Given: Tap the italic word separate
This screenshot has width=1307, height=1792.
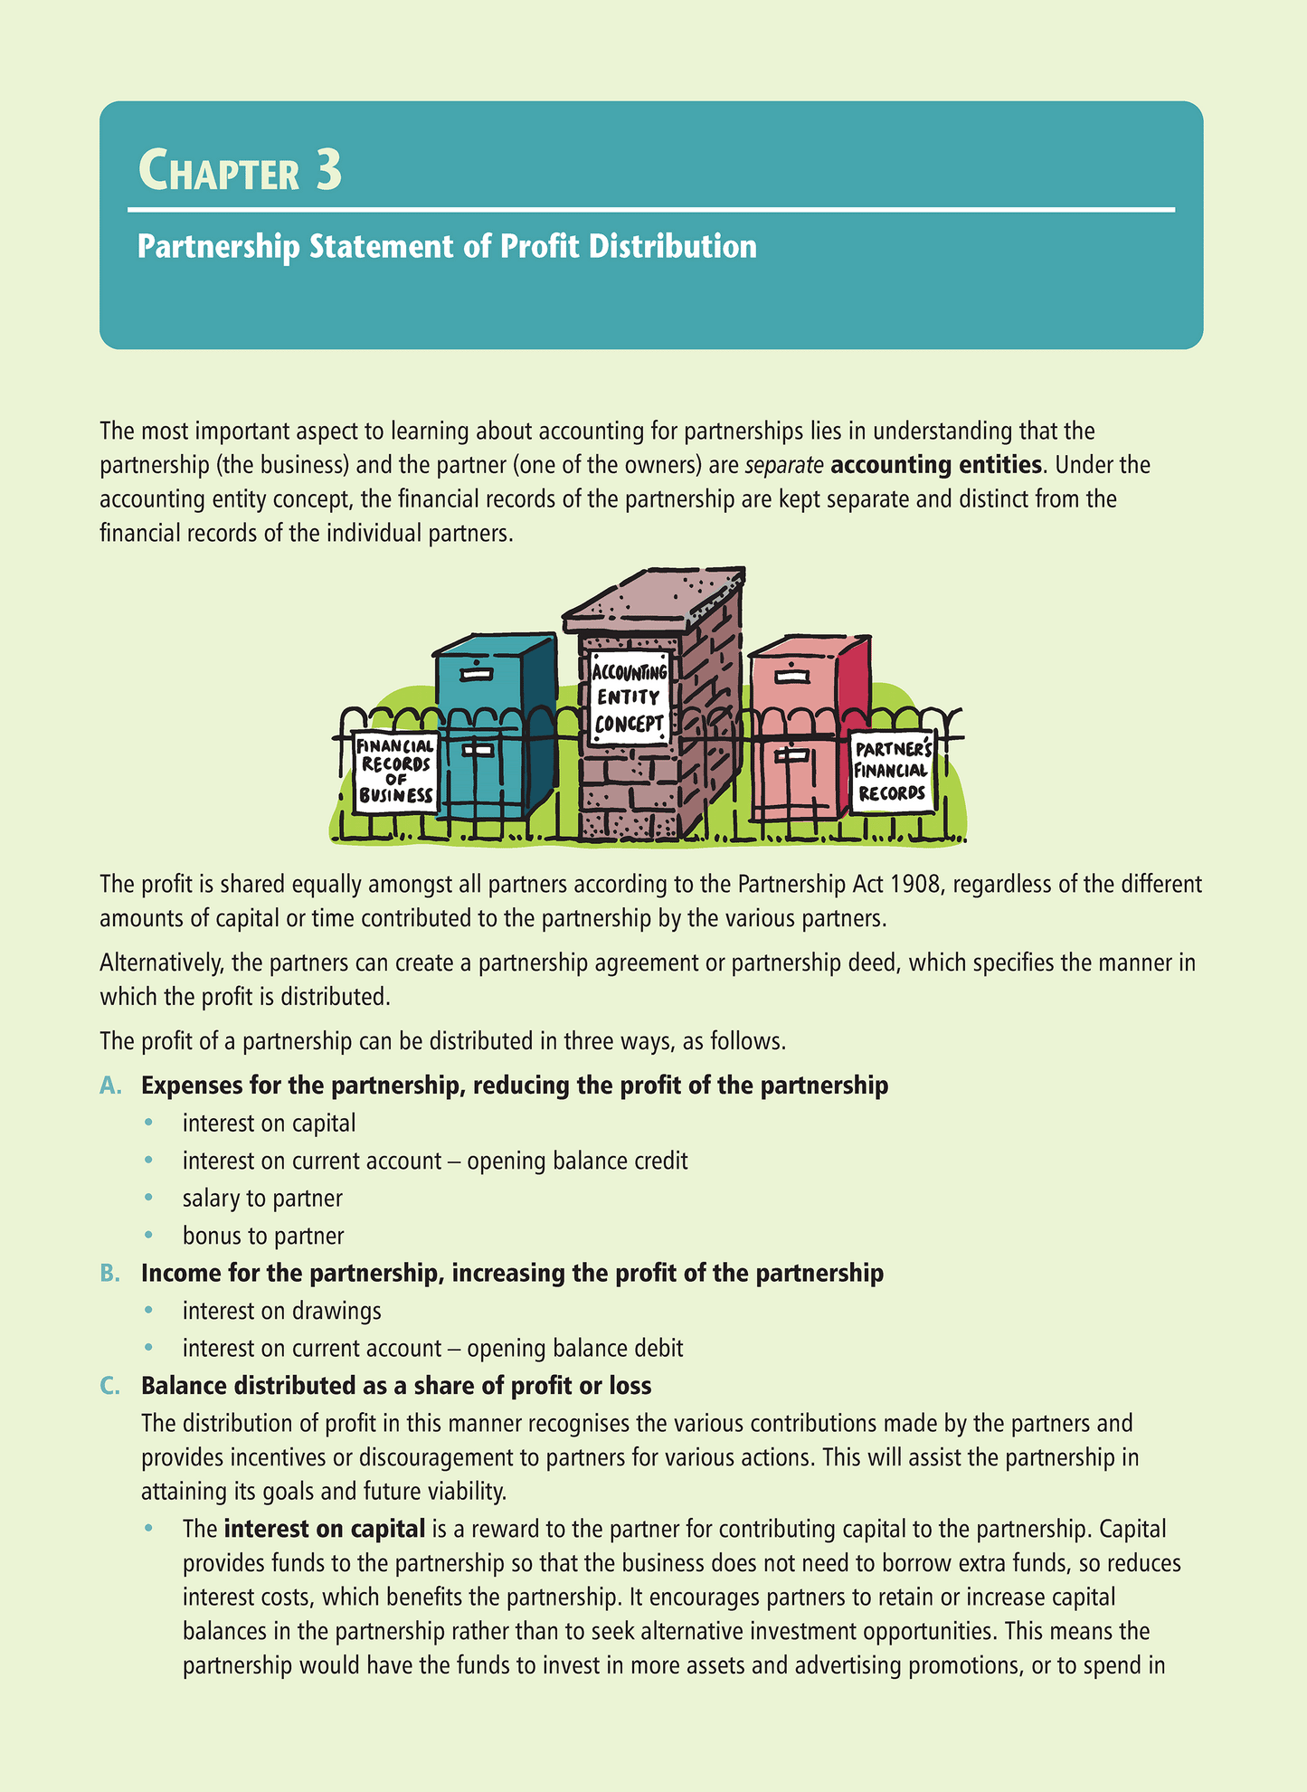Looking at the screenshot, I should point(784,465).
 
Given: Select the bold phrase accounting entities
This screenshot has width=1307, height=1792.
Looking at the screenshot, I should point(935,465).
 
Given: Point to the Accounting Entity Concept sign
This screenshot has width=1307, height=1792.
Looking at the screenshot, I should point(630,697).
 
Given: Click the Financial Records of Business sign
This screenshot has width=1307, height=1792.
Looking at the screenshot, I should point(395,772).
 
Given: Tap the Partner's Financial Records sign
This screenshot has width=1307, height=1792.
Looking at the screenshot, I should point(892,772).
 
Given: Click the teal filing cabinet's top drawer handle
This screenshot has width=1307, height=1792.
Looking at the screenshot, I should point(474,673).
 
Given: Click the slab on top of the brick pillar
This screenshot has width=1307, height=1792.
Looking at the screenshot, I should point(653,597).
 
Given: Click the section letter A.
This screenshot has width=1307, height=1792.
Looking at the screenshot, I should point(110,1086).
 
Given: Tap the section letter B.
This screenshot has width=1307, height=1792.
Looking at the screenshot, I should point(110,1274).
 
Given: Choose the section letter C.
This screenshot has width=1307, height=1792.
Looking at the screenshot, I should point(110,1386).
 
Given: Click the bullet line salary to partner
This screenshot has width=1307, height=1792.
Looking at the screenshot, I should point(262,1199).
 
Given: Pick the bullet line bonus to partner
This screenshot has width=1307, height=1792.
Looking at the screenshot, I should point(263,1236).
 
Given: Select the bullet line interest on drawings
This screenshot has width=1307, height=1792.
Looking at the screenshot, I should point(281,1311).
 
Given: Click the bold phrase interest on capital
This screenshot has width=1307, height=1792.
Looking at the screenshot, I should point(324,1530).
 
